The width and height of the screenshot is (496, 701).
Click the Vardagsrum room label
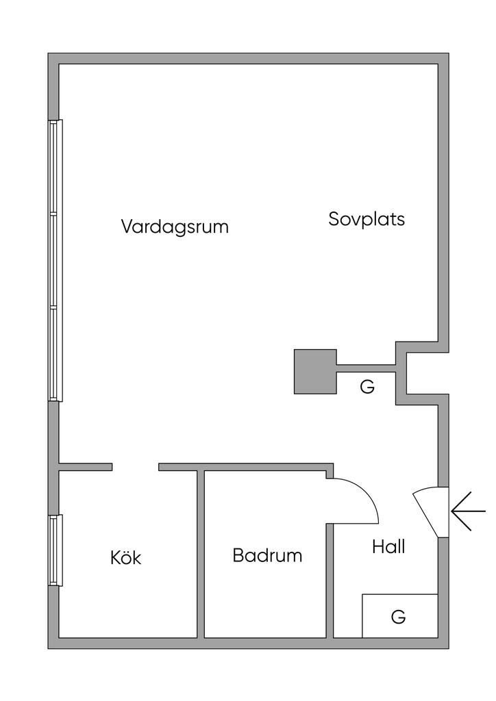(175, 227)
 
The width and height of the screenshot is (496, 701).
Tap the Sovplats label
(367, 219)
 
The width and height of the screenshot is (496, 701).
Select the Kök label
(126, 558)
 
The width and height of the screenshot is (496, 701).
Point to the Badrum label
(267, 555)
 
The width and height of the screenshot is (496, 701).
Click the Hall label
(388, 547)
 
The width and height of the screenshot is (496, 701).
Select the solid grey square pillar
(315, 371)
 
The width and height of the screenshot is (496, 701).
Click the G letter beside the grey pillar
(367, 387)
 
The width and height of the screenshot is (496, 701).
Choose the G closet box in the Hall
(399, 616)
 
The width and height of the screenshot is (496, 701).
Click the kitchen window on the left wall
(55, 550)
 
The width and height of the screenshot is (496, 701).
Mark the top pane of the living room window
(55, 168)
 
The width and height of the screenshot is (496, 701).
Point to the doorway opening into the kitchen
(136, 468)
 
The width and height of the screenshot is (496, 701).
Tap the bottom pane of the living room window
(55, 354)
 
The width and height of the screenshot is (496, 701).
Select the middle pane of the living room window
(55, 261)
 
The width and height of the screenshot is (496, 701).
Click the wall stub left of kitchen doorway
(86, 468)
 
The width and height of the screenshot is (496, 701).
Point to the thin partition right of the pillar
(366, 368)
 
